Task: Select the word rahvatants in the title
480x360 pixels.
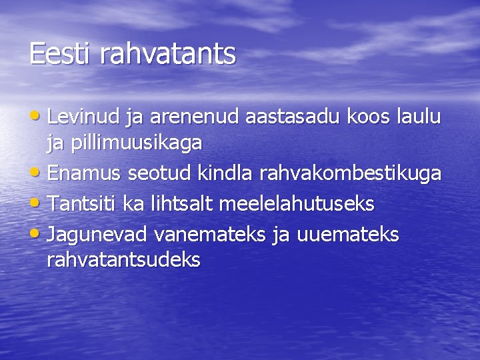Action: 167,54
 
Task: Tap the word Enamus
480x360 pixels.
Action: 85,174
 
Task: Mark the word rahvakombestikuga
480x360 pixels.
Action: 350,174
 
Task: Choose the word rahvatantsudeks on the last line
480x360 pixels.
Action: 123,260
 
